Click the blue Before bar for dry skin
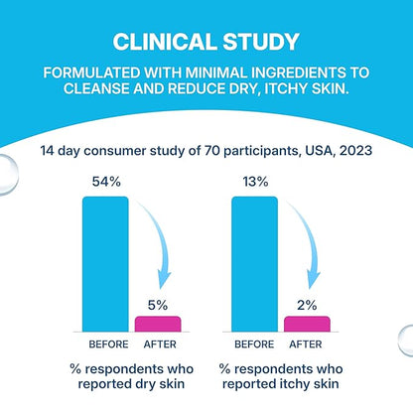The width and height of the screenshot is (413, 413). [x=105, y=264]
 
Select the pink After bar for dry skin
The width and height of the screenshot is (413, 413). [x=158, y=324]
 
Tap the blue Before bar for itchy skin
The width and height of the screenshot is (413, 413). [x=254, y=264]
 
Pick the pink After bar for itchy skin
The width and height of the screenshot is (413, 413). [x=307, y=324]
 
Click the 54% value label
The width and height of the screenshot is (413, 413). [x=106, y=182]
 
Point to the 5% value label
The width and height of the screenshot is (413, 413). [x=158, y=305]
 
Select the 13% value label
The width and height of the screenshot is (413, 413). [x=255, y=182]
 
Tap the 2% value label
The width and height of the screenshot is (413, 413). [x=307, y=305]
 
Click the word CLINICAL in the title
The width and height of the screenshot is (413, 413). [x=165, y=42]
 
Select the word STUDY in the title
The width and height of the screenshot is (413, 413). [x=261, y=42]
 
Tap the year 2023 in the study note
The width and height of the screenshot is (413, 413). [x=355, y=151]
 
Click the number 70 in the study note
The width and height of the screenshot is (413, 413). [x=211, y=151]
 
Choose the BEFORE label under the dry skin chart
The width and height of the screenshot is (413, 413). [x=108, y=344]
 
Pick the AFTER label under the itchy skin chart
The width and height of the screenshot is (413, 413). [x=306, y=344]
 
